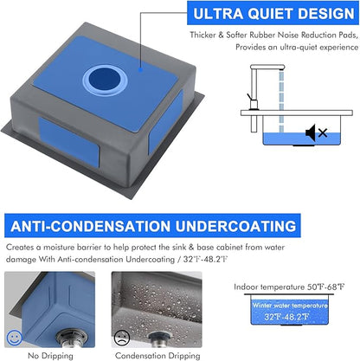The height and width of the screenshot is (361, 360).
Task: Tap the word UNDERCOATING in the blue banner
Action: [x=235, y=226]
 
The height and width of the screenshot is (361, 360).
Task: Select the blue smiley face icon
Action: [x=15, y=338]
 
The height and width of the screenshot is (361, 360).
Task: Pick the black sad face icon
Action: [x=122, y=338]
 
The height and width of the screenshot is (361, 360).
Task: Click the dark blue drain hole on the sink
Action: [x=105, y=79]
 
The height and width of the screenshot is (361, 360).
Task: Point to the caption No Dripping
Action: [x=50, y=356]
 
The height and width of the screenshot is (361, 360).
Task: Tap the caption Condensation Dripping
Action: [x=157, y=356]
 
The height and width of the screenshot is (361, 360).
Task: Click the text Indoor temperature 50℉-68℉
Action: [x=289, y=287]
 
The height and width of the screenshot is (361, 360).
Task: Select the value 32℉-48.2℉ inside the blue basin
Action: [x=286, y=317]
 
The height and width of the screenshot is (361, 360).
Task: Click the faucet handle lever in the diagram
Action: [x=250, y=98]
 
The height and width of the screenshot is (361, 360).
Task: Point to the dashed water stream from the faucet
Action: [x=281, y=102]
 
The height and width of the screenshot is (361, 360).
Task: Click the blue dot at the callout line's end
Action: [x=140, y=69]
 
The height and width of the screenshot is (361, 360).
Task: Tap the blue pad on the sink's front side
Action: [x=69, y=142]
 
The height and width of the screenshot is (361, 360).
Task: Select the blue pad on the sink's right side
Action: [x=165, y=121]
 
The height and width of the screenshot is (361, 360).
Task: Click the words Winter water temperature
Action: [x=290, y=306]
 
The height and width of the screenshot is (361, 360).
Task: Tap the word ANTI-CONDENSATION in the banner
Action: [x=90, y=226]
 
